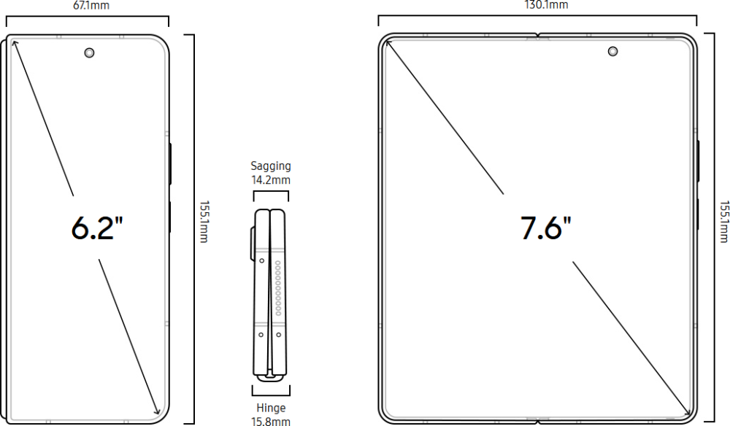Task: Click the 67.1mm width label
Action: click(91, 5)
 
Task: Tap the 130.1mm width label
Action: click(546, 4)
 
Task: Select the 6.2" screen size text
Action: click(97, 228)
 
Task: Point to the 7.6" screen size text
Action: click(545, 228)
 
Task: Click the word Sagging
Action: click(271, 166)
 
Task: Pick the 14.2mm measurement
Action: click(271, 180)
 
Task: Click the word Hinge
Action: click(271, 408)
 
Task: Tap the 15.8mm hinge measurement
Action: click(271, 422)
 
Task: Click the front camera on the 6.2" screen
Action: click(89, 53)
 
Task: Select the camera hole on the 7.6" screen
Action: click(613, 52)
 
